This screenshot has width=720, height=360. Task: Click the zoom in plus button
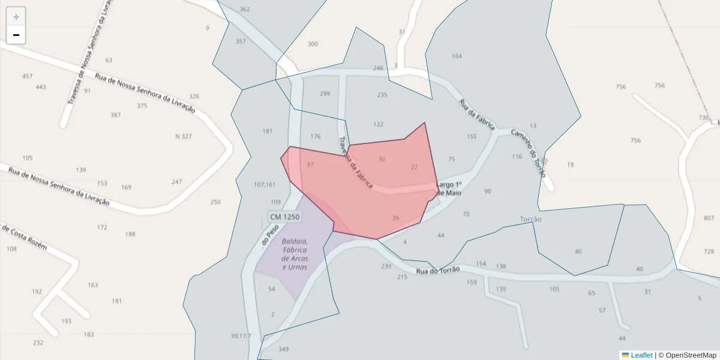[x=16, y=17]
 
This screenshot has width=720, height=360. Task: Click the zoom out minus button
[x=16, y=35]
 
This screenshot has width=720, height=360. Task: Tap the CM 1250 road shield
[x=284, y=217]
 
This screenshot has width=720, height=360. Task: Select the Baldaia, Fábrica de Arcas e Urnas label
[x=295, y=254]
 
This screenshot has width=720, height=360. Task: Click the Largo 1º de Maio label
[x=451, y=188]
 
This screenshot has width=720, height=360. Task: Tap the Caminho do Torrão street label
[x=529, y=153]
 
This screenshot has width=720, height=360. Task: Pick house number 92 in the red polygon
[x=382, y=159]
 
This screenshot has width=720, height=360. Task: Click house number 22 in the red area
[x=414, y=167]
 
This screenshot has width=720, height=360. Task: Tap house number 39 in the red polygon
[x=395, y=218]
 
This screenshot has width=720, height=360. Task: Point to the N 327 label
[x=184, y=136]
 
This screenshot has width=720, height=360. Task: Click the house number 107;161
[x=265, y=184]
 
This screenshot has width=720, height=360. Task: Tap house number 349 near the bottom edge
[x=284, y=349]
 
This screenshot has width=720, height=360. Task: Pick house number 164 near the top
[x=457, y=56]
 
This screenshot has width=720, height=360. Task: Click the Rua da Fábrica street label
[x=477, y=114]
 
